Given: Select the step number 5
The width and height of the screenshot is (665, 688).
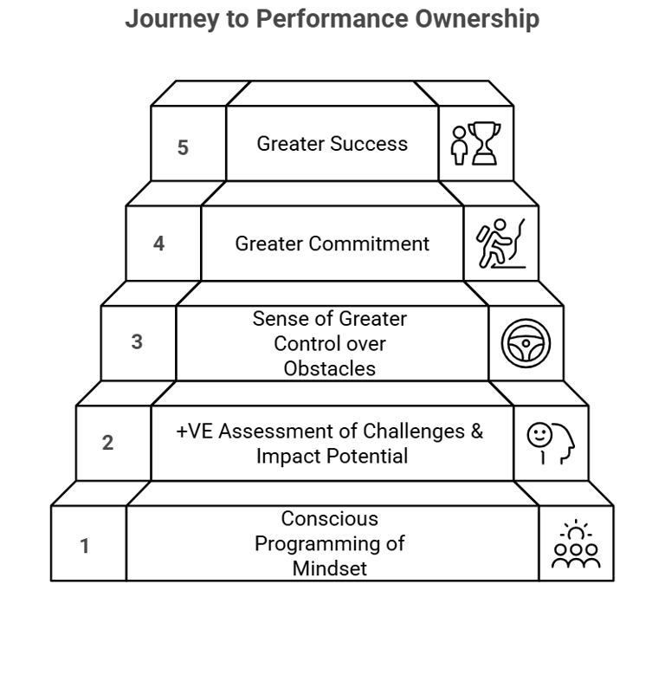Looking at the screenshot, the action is (x=183, y=147).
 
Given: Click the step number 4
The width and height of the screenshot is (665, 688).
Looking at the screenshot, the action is (x=158, y=243).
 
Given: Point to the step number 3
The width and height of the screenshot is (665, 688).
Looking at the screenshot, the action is (x=137, y=342).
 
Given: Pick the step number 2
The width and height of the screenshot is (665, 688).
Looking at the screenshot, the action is (x=107, y=443).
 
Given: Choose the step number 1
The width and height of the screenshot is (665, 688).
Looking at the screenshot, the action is (x=84, y=547).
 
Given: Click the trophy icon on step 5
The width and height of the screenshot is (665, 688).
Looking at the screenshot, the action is (x=483, y=143).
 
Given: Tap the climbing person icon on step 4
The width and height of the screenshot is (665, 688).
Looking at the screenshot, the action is (x=501, y=243).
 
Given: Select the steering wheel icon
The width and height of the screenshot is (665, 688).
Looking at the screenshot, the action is (x=526, y=343).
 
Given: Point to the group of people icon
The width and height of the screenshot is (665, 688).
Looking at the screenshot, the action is (x=576, y=546).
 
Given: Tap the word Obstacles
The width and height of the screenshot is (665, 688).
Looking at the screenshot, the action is (x=329, y=368).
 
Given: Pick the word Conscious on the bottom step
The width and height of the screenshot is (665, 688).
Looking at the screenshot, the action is (x=329, y=519).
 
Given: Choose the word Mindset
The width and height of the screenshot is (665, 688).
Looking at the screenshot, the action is (x=329, y=568).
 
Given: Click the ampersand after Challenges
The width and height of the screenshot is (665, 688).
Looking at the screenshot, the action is (x=476, y=432).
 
